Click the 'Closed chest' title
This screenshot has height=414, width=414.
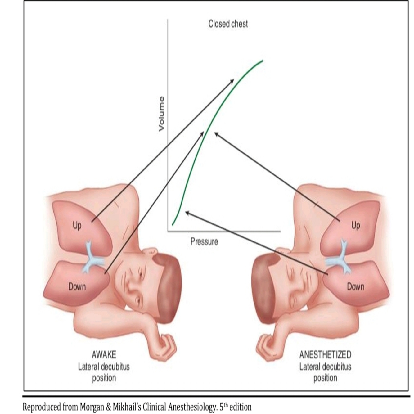pyautogui.click(x=228, y=24)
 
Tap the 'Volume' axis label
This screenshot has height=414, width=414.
pyautogui.click(x=161, y=114)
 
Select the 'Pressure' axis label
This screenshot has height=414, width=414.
pyautogui.click(x=204, y=241)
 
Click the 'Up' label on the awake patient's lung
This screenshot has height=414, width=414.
pyautogui.click(x=77, y=225)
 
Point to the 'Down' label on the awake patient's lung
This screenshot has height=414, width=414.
pyautogui.click(x=77, y=286)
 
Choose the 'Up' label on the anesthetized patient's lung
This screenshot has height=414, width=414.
pyautogui.click(x=355, y=225)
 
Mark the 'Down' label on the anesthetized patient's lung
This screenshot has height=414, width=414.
pyautogui.click(x=355, y=286)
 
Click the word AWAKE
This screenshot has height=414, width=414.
pyautogui.click(x=104, y=354)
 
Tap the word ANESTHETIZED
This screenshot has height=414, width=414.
pyautogui.click(x=325, y=354)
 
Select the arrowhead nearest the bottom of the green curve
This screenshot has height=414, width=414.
pyautogui.click(x=187, y=212)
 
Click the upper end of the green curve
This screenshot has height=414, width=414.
pyautogui.click(x=263, y=61)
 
